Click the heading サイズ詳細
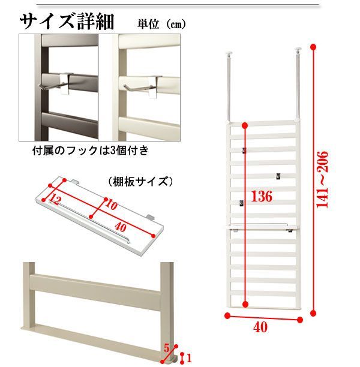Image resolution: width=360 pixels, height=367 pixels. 67,22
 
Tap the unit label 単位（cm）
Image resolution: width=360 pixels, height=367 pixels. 161,24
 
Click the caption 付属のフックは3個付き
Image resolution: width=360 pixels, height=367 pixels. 91,151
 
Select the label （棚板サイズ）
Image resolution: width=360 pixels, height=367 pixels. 140,181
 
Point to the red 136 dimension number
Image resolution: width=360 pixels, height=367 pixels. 262,196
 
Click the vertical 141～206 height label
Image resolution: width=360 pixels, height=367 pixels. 322,179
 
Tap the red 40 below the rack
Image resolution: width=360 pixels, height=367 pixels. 260,327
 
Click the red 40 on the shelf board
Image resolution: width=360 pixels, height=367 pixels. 121,227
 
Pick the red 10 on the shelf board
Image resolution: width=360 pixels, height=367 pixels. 111,205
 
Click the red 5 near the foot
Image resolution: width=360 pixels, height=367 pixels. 167,348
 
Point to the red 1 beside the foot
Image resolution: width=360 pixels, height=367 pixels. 189,358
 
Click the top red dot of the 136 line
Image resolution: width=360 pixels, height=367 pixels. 245,126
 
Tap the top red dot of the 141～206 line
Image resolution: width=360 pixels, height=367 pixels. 313,47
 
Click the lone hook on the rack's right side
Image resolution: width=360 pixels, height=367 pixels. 278,176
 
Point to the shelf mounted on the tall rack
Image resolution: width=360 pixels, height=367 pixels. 263,227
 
